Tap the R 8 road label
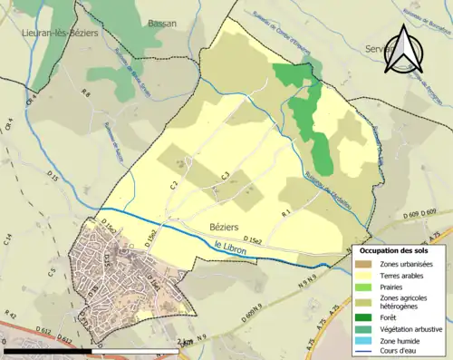pyautogui.click(x=87, y=93)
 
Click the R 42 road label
pyautogui.click(x=11, y=315)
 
